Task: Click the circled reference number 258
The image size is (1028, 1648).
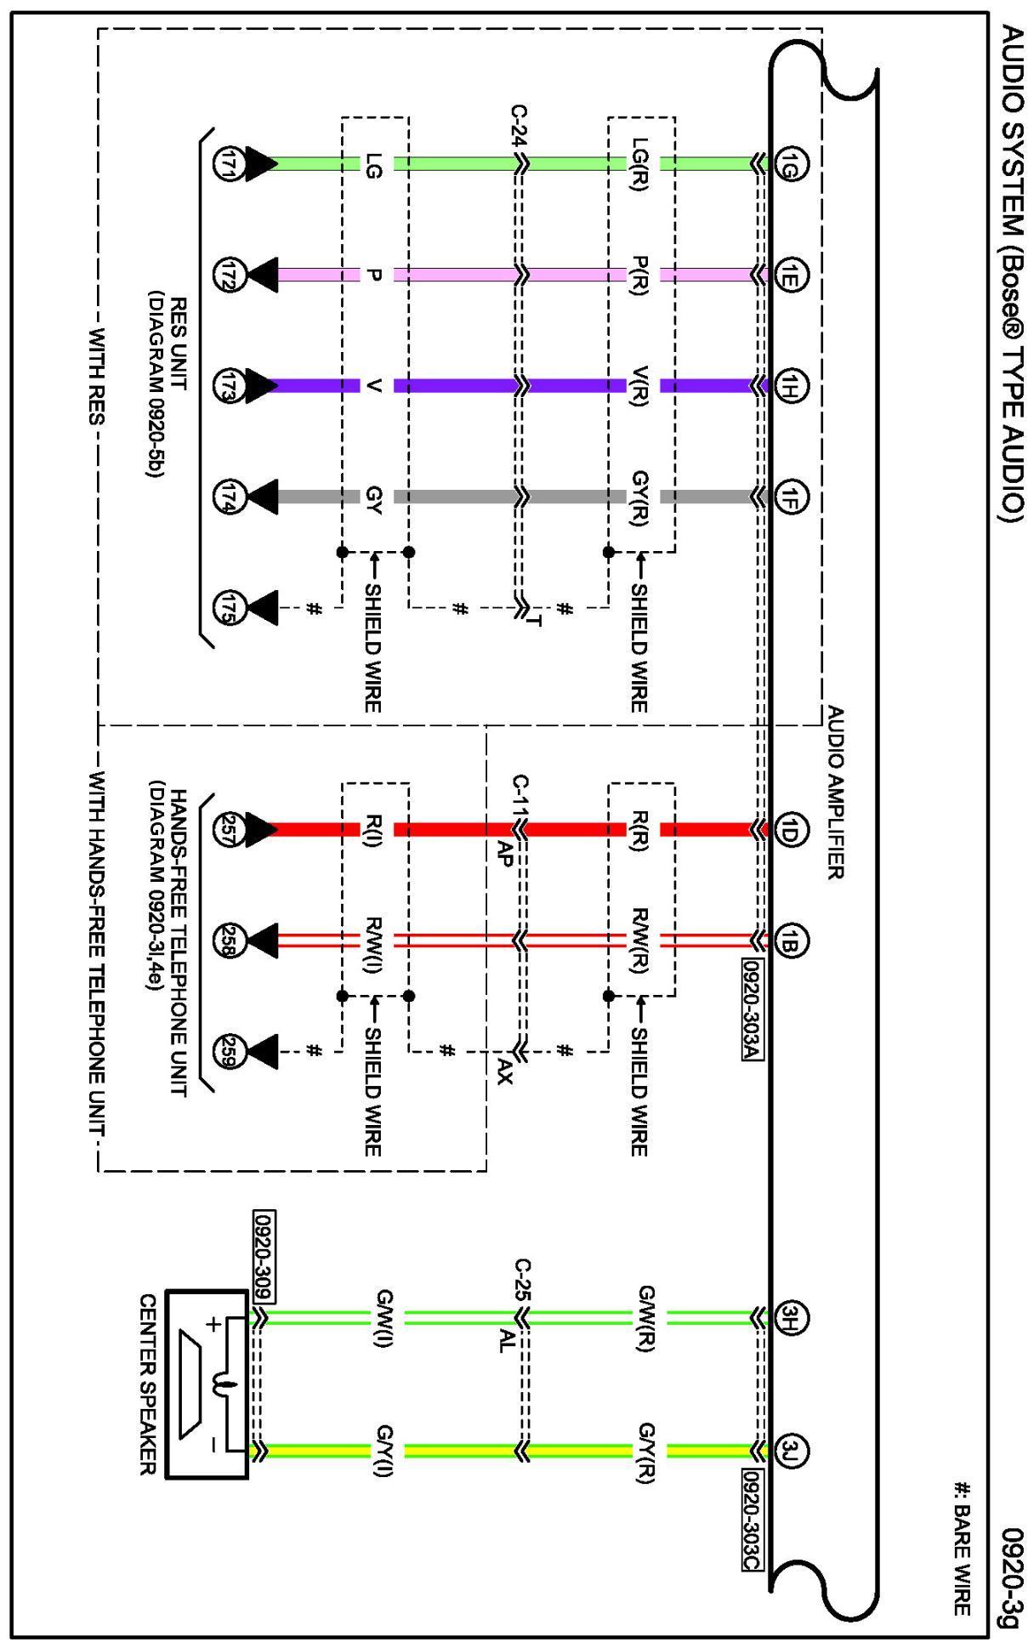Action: click(230, 940)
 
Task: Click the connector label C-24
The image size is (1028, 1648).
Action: click(518, 126)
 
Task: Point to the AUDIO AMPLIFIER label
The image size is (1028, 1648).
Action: click(835, 793)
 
